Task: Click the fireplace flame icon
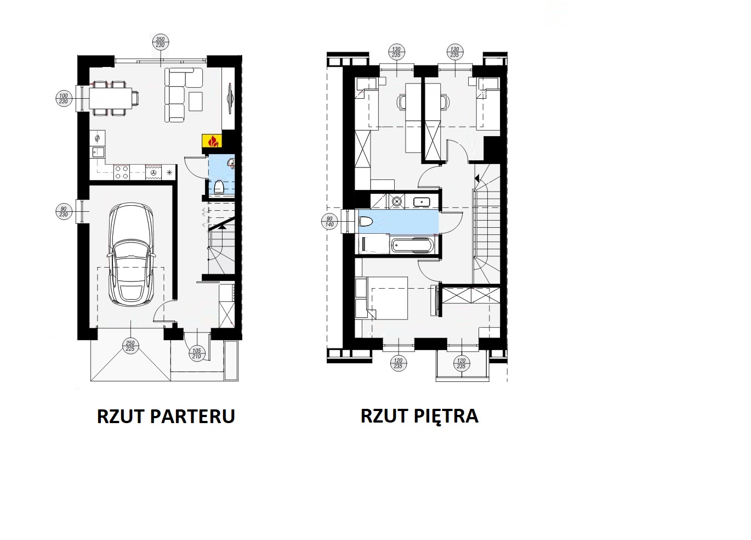tap(212, 141)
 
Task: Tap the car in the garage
tap(131, 254)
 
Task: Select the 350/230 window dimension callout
tap(160, 42)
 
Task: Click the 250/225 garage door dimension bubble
tap(130, 346)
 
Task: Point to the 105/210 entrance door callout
tap(196, 353)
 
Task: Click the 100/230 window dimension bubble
tap(64, 98)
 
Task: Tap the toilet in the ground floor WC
tap(219, 187)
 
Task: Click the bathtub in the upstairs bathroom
tap(412, 245)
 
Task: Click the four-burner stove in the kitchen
tap(121, 172)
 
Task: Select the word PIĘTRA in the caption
tap(446, 416)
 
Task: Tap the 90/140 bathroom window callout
tap(329, 222)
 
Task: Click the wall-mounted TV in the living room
tap(230, 98)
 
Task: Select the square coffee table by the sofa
tap(196, 102)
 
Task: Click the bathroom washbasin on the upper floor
tap(422, 202)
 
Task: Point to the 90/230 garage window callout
tap(64, 212)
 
